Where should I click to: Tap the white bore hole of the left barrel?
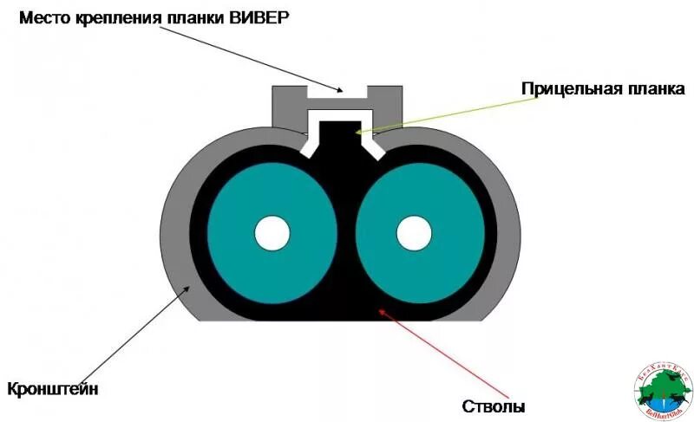tap(272, 232)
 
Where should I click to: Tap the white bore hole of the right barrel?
tap(415, 232)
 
